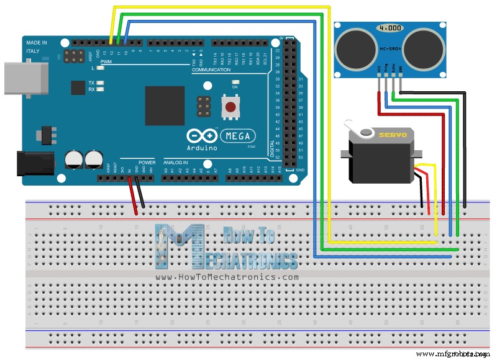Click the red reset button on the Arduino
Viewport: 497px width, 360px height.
[230, 107]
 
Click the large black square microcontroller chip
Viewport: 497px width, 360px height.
[165, 106]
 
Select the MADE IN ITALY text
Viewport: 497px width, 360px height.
[36, 47]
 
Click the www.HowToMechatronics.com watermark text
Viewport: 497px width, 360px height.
[227, 277]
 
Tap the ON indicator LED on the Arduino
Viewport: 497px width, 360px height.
[235, 82]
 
